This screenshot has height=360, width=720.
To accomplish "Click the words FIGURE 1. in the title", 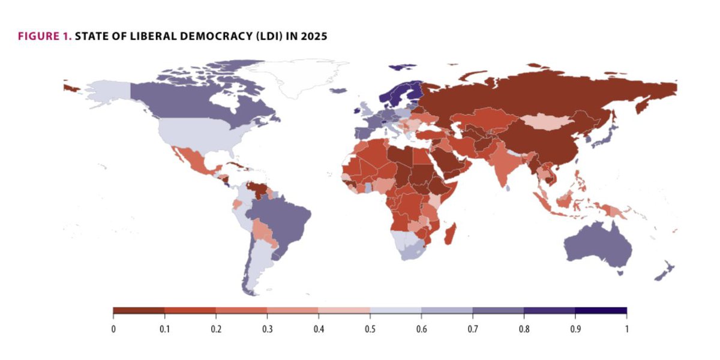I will click(x=44, y=37).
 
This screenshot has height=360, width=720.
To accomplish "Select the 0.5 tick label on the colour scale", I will click(x=370, y=329).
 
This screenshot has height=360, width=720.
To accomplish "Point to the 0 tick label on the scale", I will click(x=113, y=329).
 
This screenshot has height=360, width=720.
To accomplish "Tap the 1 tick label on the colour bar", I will click(x=626, y=329).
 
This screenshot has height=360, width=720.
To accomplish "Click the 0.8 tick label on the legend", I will click(x=524, y=329).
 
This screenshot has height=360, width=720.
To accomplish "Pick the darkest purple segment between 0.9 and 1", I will click(x=601, y=311).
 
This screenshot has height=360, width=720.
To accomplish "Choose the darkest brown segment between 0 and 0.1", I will click(x=139, y=311).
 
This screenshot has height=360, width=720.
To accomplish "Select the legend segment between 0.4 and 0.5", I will click(x=344, y=311).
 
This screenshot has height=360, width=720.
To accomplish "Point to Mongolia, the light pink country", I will click(x=545, y=122).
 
